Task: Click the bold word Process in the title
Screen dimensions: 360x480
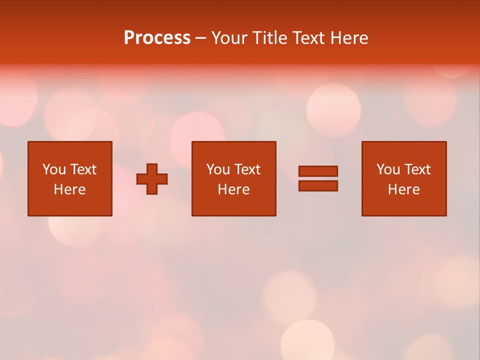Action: [157, 38]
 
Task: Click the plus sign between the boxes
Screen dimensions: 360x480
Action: [152, 179]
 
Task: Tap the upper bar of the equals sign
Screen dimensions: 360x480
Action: [318, 171]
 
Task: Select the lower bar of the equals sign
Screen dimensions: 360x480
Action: [318, 186]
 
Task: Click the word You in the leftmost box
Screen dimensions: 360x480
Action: [54, 169]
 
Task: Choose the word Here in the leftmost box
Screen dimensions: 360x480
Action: [69, 189]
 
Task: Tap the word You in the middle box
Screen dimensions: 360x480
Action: [218, 169]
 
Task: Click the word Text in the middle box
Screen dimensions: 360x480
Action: [247, 169]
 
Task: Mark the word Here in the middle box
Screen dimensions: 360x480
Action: [233, 189]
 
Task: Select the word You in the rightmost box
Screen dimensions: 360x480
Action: [388, 169]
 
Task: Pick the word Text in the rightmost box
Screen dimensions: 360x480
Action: [417, 169]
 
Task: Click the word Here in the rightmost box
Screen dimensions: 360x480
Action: [403, 189]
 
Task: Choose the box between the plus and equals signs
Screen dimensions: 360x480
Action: [233, 205]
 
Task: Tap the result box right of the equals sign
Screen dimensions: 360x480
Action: [403, 205]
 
